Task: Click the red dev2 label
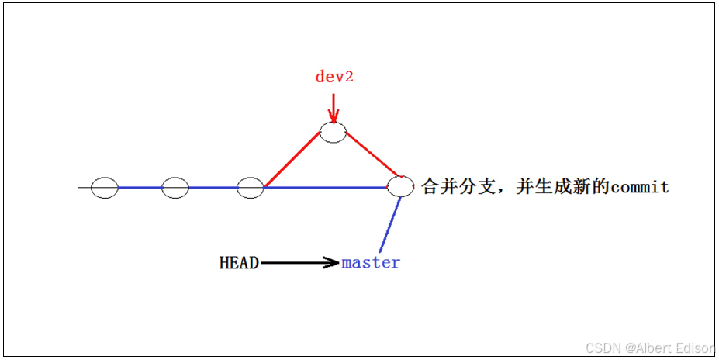pyautogui.click(x=334, y=77)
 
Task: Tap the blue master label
pyautogui.click(x=371, y=263)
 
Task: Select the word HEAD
pyautogui.click(x=239, y=263)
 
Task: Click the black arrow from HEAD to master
pyautogui.click(x=299, y=263)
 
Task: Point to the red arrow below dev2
pyautogui.click(x=334, y=109)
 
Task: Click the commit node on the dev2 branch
pyautogui.click(x=334, y=133)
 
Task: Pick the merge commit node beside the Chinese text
pyautogui.click(x=400, y=186)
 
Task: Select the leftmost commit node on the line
pyautogui.click(x=104, y=188)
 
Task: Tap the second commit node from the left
pyautogui.click(x=175, y=188)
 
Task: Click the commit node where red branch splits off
pyautogui.click(x=251, y=188)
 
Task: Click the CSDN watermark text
pyautogui.click(x=601, y=348)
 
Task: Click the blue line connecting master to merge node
pyautogui.click(x=391, y=225)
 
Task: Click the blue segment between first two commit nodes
pyautogui.click(x=140, y=188)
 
